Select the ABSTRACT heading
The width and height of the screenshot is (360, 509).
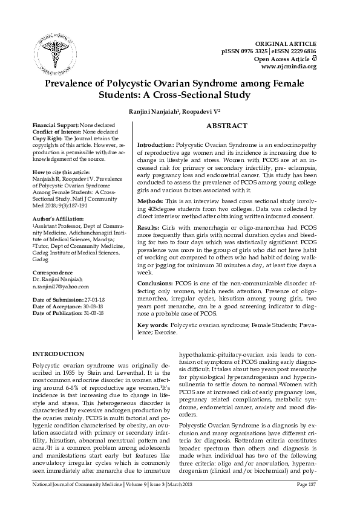pos(227,126)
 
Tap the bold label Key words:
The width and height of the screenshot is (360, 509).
pos(153,325)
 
